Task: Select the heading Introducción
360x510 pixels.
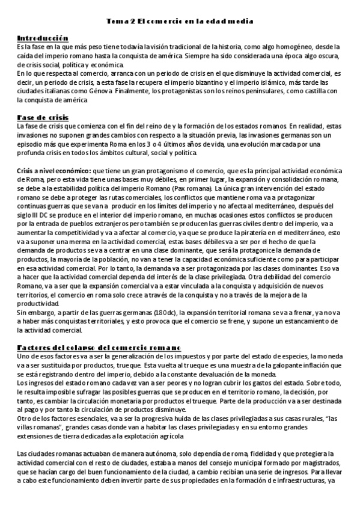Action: click(43, 38)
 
